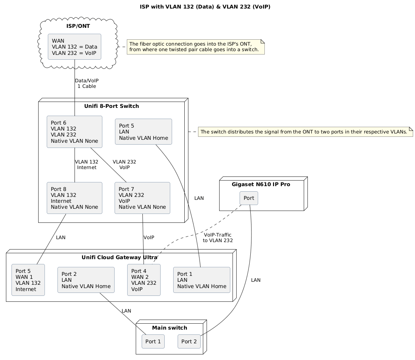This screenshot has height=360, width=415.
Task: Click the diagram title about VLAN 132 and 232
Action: coord(205,7)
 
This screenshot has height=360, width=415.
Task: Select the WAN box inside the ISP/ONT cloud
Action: coord(75,47)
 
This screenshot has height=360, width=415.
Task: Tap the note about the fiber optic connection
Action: coord(195,47)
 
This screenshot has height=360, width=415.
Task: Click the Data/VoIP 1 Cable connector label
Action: coord(87,83)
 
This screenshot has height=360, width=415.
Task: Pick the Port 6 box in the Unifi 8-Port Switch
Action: coord(75,132)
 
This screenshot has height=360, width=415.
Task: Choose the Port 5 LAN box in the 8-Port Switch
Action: coord(144,132)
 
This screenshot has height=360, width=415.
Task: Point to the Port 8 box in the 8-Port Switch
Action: coord(75,198)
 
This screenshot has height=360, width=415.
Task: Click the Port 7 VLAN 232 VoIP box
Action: coord(142,198)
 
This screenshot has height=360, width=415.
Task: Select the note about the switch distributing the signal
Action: coord(306,132)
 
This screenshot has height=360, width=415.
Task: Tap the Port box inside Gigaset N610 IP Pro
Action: coord(249,198)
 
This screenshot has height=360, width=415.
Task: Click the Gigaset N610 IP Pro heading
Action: coord(261,184)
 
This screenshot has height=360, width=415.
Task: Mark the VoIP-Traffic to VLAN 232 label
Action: coord(218,238)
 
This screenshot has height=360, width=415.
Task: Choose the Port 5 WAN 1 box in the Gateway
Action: coord(28,280)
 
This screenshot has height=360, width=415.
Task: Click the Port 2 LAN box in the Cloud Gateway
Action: coord(86,280)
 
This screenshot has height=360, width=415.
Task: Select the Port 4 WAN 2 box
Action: coord(144,280)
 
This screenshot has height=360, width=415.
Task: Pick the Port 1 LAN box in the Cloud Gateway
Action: coord(202,280)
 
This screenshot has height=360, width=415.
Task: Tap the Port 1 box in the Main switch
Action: coord(153,341)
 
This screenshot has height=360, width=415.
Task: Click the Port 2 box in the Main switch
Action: coord(189,341)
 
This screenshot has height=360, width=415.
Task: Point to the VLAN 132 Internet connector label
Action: coord(86,165)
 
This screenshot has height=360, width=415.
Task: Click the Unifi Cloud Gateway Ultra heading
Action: coord(119,257)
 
